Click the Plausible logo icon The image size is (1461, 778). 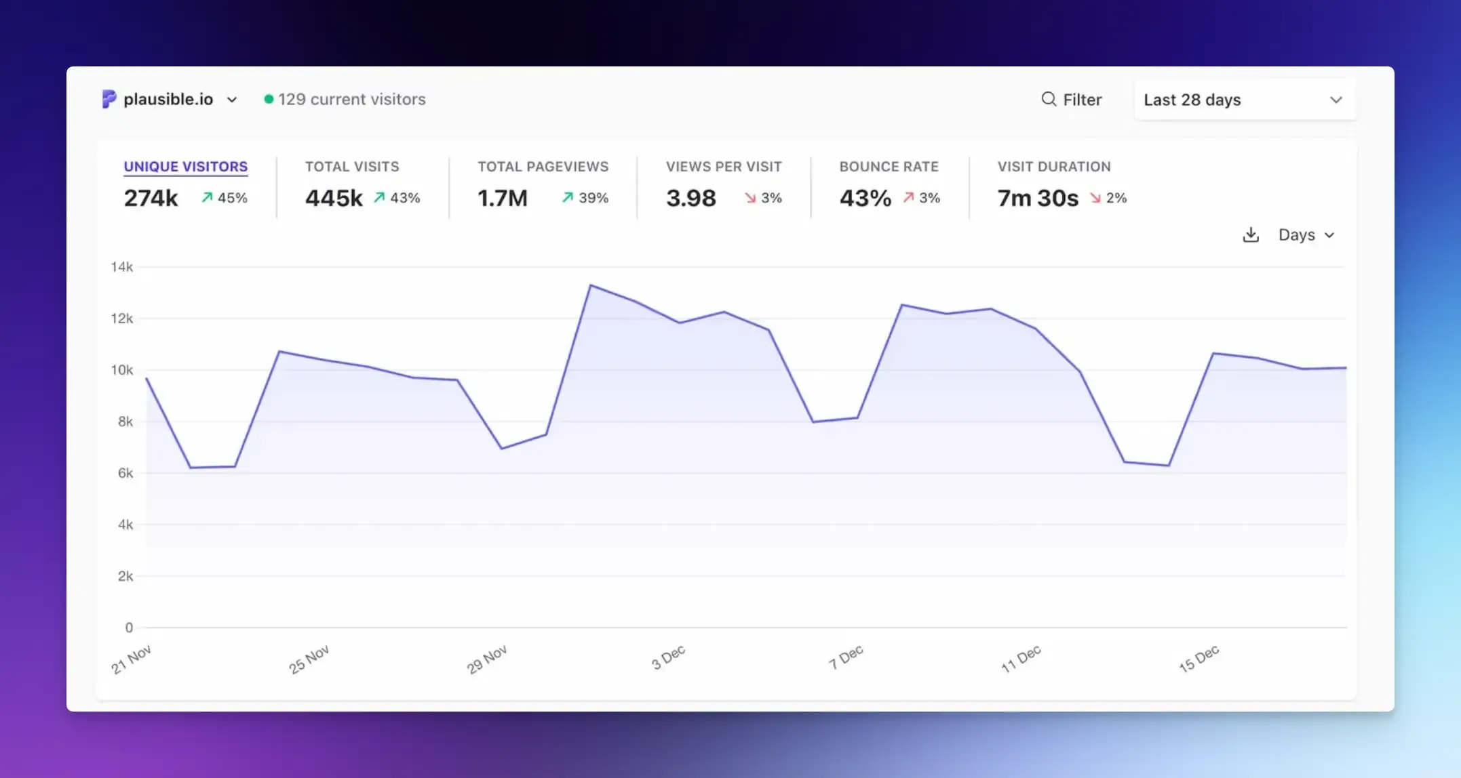pos(109,99)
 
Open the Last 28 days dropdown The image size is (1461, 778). pos(1244,100)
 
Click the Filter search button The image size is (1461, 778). pos(1071,100)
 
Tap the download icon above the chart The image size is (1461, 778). pos(1250,234)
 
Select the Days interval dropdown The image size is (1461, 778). pos(1306,234)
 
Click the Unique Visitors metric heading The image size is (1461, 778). pos(185,166)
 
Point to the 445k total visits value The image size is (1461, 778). pos(334,198)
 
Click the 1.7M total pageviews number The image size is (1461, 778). pos(502,198)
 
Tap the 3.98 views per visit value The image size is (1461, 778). pos(690,198)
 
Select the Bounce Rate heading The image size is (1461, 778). pos(889,166)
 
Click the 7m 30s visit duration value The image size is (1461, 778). pos(1037,198)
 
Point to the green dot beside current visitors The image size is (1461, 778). pos(269,99)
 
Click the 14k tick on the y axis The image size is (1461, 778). pos(122,267)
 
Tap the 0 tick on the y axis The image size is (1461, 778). pos(129,628)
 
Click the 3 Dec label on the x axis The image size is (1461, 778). pos(668,657)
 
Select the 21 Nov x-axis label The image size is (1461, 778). pos(131,659)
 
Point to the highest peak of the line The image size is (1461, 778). pos(591,285)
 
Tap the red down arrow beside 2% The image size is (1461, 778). pos(1095,198)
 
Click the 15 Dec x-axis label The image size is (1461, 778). pos(1199,658)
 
